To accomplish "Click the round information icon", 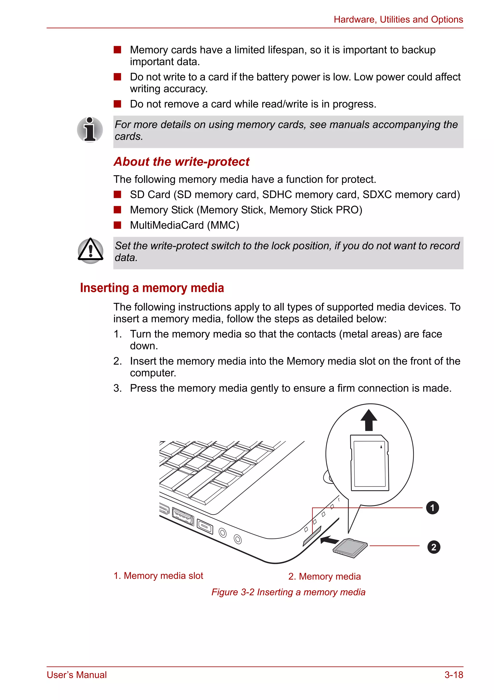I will coord(90,130).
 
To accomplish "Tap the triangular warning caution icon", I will coord(90,251).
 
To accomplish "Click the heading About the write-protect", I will coord(181,162).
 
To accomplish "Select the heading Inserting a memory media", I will coord(152,288).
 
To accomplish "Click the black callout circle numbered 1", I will coord(432,508).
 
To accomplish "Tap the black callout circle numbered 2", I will coord(433,547).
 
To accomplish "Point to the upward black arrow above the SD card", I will coord(369,420).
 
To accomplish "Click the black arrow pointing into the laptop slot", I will coord(330,540).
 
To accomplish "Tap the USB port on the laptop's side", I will coord(183,516).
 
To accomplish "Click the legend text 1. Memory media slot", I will coord(158,575).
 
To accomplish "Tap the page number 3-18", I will coord(453,675).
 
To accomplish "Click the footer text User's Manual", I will coord(77,675).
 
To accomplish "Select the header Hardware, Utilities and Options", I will coord(398,20).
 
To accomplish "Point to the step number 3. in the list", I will coord(118,388).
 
